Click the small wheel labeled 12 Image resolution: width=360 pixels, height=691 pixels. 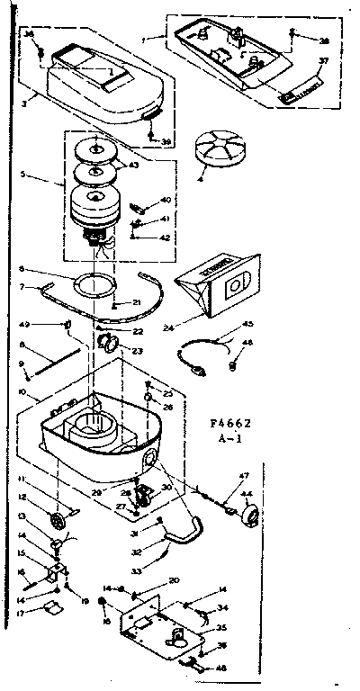tap(62, 520)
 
